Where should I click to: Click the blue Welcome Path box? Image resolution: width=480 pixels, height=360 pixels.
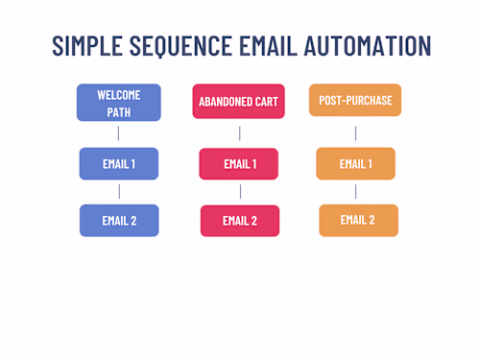[119, 102]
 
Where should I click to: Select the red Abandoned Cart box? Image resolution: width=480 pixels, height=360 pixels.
[238, 101]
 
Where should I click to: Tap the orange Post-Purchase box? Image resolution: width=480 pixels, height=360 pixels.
[355, 100]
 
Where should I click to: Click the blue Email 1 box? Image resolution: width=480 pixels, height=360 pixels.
[119, 163]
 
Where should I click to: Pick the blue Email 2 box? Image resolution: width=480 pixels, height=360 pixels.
[119, 220]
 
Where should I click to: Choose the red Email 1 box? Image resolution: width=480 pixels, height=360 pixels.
[239, 163]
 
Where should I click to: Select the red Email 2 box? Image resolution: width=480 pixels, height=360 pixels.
[239, 221]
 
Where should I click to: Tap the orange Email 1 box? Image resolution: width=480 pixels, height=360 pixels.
[355, 163]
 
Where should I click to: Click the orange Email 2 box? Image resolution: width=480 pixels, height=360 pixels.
[357, 220]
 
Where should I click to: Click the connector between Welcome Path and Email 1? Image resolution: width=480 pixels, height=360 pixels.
[119, 133]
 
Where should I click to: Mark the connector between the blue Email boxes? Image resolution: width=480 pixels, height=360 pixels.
[119, 192]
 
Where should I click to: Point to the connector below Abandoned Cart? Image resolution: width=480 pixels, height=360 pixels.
[239, 133]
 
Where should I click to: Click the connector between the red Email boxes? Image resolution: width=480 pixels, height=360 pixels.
[240, 192]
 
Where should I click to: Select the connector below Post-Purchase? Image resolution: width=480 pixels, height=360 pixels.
[355, 132]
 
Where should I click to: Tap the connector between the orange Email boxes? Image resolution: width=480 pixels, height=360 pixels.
[356, 192]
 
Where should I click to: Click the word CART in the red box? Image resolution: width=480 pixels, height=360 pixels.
[264, 101]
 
